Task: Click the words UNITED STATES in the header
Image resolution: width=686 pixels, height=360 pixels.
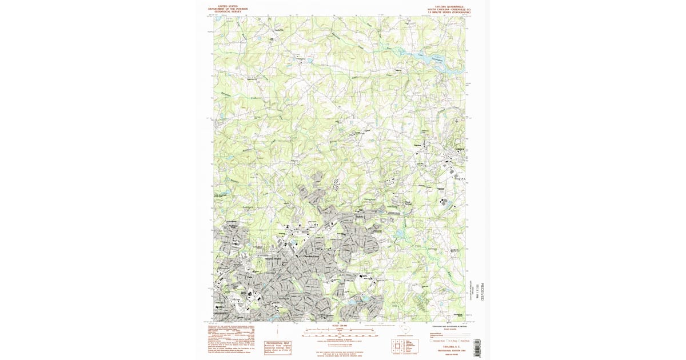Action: (228, 6)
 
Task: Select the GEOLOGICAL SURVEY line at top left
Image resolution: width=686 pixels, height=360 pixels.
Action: (228, 11)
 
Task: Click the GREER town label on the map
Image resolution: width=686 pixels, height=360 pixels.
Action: (460, 149)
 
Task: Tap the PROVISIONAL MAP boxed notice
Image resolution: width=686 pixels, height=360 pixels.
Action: (278, 347)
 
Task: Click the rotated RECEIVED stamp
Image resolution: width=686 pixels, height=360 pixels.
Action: (481, 291)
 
